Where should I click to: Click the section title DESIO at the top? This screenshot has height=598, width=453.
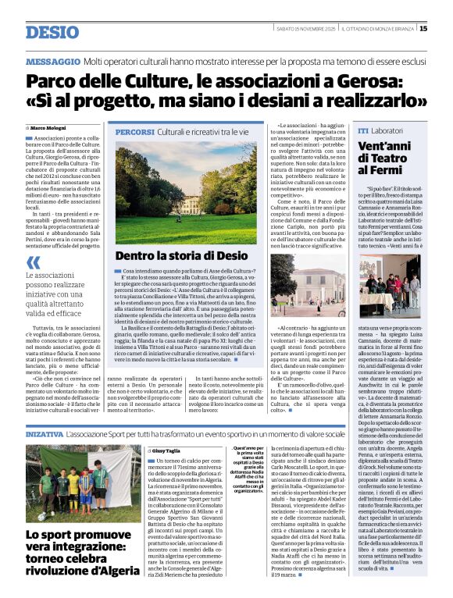click(52, 31)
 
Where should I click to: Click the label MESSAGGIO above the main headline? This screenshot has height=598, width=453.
click(52, 61)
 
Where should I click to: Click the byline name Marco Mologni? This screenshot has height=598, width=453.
click(48, 127)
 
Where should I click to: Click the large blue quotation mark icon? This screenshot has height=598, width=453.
click(32, 263)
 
